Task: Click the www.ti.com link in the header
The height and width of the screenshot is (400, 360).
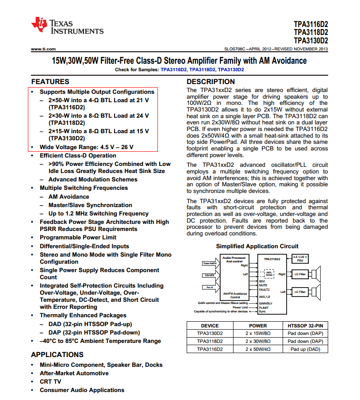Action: click(43, 49)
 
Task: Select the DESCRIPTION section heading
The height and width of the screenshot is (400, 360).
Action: click(211, 82)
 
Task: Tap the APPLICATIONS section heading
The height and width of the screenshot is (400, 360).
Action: click(57, 355)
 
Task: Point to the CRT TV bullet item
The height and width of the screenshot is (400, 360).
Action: click(50, 382)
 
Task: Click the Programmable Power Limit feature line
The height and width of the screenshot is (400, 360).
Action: click(78, 238)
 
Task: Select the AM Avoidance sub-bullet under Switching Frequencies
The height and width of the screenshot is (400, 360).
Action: click(69, 197)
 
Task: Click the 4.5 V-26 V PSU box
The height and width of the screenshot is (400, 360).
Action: click(300, 258)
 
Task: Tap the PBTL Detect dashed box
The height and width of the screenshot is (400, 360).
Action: click(269, 274)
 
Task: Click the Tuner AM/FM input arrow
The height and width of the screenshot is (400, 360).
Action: click(211, 263)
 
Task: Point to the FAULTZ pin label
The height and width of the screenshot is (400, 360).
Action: click(264, 289)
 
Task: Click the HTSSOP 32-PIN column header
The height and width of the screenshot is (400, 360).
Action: click(305, 325)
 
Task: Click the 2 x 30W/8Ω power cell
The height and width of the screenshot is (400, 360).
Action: click(258, 341)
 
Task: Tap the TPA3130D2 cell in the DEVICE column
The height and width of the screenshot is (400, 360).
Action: click(210, 333)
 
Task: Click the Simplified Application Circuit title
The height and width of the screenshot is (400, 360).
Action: click(257, 246)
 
